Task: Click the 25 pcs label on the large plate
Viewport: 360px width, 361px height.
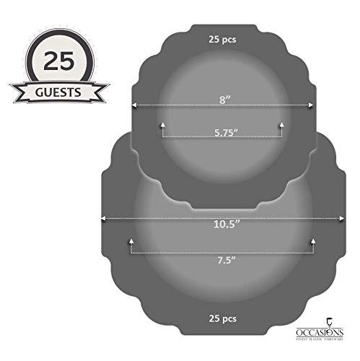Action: (221, 317)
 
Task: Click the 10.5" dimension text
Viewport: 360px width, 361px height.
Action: (221, 225)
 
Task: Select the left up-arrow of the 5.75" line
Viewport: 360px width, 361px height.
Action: (162, 124)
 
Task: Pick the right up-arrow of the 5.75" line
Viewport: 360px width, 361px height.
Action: (281, 124)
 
